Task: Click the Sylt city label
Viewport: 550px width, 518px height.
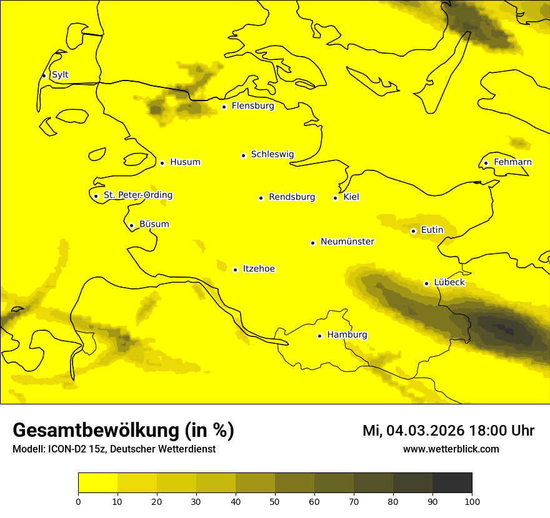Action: [60, 75]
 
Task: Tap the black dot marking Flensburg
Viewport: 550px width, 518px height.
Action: [224, 107]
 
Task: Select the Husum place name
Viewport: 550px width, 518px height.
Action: [185, 162]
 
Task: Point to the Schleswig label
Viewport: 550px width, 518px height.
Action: [272, 154]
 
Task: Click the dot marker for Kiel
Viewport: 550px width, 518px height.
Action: [335, 198]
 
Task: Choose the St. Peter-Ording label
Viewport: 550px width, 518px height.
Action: [137, 195]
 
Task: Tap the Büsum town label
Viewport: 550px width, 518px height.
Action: [154, 224]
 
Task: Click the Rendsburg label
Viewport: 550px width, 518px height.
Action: [291, 197]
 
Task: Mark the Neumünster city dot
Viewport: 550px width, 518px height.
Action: [312, 243]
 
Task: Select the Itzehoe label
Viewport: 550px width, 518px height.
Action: [259, 269]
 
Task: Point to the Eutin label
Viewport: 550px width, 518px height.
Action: [432, 230]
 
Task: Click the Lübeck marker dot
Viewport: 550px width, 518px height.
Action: [426, 283]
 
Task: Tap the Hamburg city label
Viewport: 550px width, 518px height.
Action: [347, 335]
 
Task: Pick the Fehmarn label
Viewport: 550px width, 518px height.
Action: [512, 162]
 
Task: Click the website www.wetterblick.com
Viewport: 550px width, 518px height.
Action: [451, 449]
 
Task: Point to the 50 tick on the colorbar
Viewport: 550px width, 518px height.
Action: [275, 501]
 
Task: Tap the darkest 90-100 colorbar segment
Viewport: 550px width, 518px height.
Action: [452, 482]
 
